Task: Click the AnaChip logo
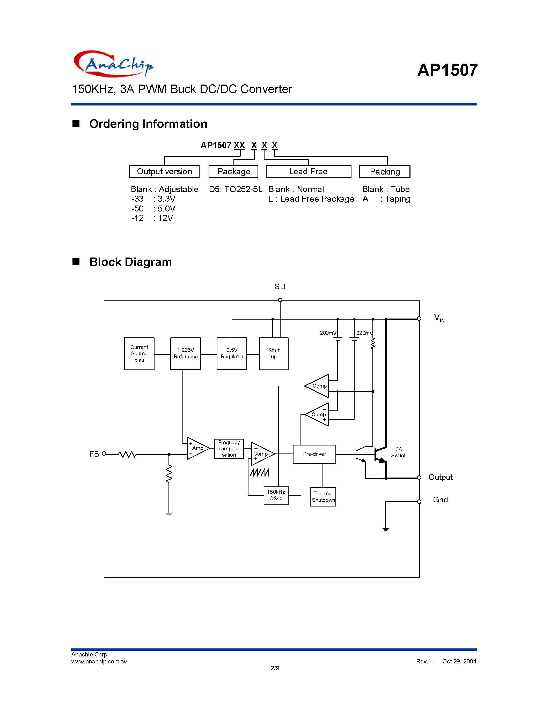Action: pyautogui.click(x=113, y=64)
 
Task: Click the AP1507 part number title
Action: pyautogui.click(x=447, y=70)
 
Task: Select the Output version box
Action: pyautogui.click(x=164, y=172)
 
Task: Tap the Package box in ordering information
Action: pyautogui.click(x=233, y=172)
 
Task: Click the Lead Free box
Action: pyautogui.click(x=308, y=172)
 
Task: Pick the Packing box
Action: pyautogui.click(x=384, y=172)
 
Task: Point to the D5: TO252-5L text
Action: pyautogui.click(x=235, y=190)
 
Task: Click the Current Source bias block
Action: pyautogui.click(x=139, y=353)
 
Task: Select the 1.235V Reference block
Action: pyautogui.click(x=185, y=353)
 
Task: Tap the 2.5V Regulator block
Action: pyautogui.click(x=232, y=353)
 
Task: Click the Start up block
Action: pyautogui.click(x=274, y=353)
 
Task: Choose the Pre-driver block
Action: pyautogui.click(x=314, y=454)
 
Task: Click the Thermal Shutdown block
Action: pyautogui.click(x=323, y=497)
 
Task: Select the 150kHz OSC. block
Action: pyautogui.click(x=276, y=495)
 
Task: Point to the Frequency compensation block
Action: pyautogui.click(x=229, y=449)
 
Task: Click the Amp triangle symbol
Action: pyautogui.click(x=196, y=448)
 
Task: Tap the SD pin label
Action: pyautogui.click(x=280, y=287)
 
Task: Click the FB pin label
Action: pyautogui.click(x=94, y=454)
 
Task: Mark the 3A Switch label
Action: pyautogui.click(x=399, y=452)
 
